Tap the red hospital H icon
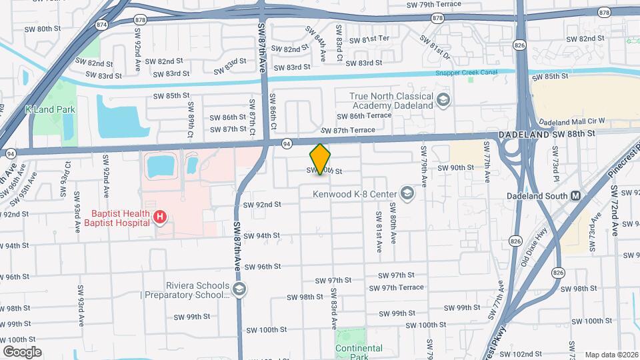(159, 217)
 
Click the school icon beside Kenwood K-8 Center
(406, 195)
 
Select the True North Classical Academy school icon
(443, 101)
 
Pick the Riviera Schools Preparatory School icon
(239, 289)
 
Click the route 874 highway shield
(101, 25)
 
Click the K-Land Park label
(50, 109)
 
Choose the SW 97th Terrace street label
(401, 287)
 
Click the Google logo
(22, 352)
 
